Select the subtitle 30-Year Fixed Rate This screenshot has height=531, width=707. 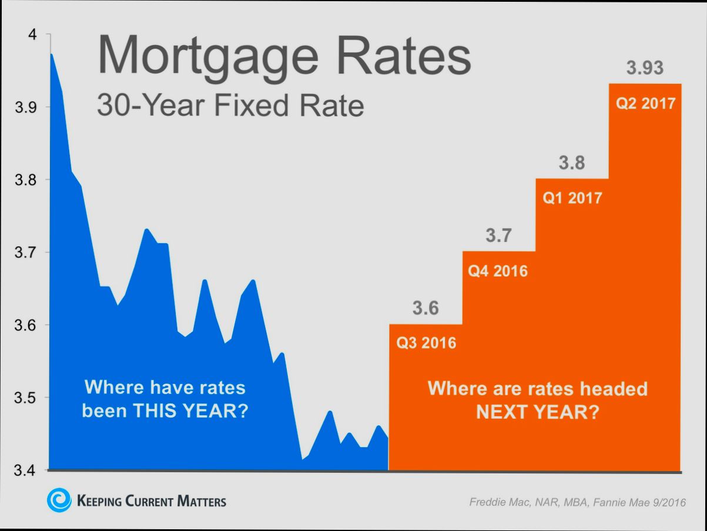[230, 106]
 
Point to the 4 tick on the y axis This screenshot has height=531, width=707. [33, 35]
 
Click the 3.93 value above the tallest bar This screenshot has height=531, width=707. [645, 68]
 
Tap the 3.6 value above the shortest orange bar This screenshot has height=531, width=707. [425, 308]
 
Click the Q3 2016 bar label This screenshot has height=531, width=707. [426, 342]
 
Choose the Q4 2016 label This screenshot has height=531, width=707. [498, 271]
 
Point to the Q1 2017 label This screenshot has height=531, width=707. [572, 198]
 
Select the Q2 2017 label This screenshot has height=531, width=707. [645, 104]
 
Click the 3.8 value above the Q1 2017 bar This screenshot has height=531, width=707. [572, 163]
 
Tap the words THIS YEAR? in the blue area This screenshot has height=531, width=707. [190, 411]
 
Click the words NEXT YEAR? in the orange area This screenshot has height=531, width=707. [537, 412]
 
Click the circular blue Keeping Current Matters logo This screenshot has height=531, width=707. [59, 500]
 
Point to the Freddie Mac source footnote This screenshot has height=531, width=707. [577, 502]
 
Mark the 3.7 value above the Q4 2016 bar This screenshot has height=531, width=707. [498, 236]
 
